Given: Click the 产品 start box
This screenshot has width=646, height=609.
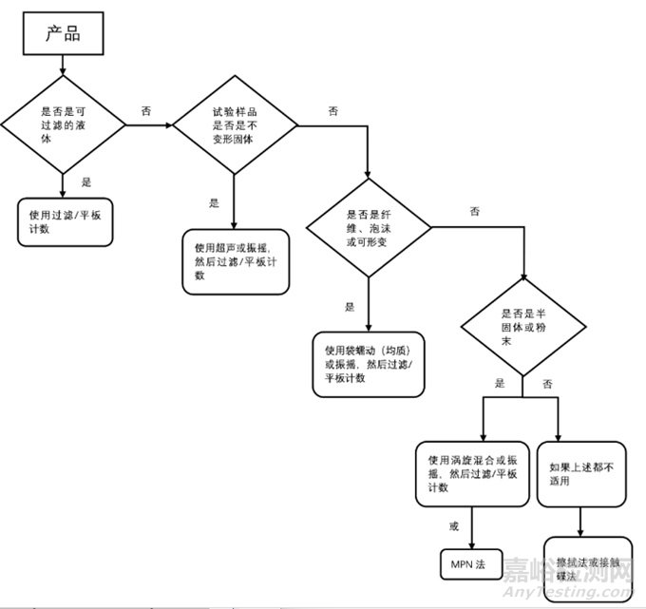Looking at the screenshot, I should (63, 35).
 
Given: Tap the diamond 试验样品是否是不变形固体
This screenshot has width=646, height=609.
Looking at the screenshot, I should (234, 124).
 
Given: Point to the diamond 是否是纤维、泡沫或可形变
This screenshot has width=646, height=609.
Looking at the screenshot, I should (368, 227).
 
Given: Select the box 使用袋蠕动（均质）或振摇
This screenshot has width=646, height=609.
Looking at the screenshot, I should (368, 364).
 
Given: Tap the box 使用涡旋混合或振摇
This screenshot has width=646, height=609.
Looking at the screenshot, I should (471, 473).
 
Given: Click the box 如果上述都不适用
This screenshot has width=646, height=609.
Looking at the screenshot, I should (581, 473).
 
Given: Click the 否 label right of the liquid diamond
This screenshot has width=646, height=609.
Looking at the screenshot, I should (146, 111).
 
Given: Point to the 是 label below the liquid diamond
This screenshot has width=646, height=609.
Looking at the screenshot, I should (86, 182).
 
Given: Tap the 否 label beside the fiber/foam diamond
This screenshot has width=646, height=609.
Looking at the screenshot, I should (474, 211).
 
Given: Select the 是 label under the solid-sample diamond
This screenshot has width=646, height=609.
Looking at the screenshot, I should (214, 202).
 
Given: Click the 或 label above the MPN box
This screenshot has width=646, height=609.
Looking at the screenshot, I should (454, 524).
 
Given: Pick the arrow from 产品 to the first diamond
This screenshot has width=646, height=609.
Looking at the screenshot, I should (63, 66).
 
